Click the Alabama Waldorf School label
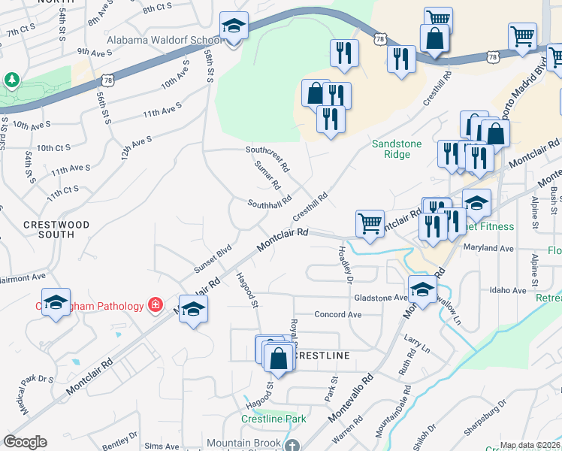(x=166, y=39)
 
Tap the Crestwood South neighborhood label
(x=56, y=229)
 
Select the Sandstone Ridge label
(x=397, y=149)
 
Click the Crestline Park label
(x=273, y=419)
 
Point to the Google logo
(x=25, y=442)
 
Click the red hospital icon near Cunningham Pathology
(x=155, y=305)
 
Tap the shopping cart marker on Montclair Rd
(x=370, y=222)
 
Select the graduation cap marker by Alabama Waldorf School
(x=234, y=27)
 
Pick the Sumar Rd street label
(x=267, y=174)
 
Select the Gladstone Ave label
(x=380, y=297)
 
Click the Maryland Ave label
(x=488, y=247)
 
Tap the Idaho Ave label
(x=508, y=289)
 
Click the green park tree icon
(x=11, y=80)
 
